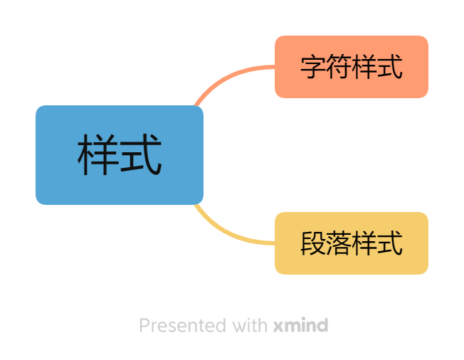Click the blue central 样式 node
(x=120, y=155)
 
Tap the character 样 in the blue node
(x=98, y=155)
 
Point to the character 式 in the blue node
(x=141, y=155)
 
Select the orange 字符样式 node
(x=352, y=67)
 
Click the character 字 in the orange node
(x=313, y=67)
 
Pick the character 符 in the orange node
(x=339, y=67)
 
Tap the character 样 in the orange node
(x=364, y=67)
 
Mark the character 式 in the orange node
(x=390, y=67)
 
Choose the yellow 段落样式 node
(x=352, y=243)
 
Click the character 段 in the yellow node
(x=313, y=243)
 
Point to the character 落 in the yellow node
(x=339, y=243)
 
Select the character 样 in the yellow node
(x=364, y=243)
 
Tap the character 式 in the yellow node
(x=390, y=243)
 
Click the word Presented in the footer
(x=183, y=326)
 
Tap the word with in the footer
(x=250, y=326)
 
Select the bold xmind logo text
(x=300, y=326)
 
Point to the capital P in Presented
(x=144, y=326)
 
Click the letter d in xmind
(x=322, y=326)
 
